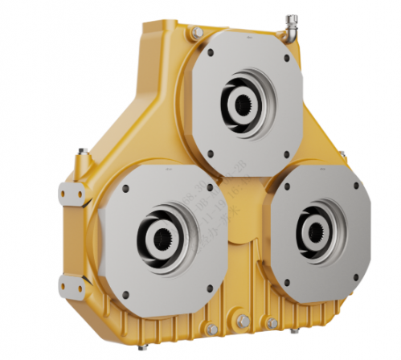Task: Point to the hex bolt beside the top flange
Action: coord(196,32)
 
